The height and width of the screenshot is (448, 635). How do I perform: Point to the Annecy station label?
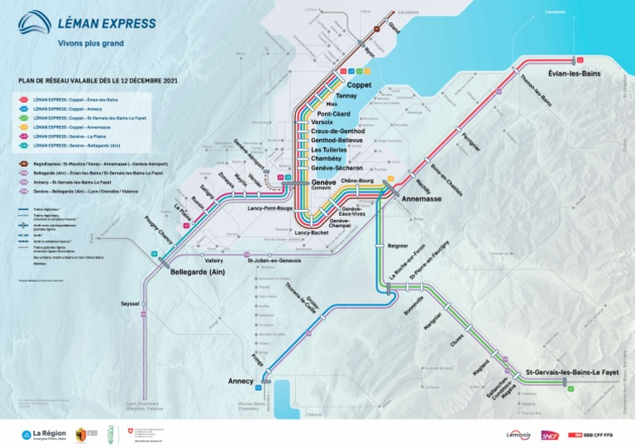coord(241,381)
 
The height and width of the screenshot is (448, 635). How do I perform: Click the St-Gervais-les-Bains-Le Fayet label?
coord(573,374)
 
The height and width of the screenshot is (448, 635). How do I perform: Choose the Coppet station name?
coord(359,85)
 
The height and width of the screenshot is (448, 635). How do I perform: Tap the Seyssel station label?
coord(130,303)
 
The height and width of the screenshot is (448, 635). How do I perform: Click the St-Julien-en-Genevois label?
coord(275,261)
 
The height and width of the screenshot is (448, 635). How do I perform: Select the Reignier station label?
coord(399,245)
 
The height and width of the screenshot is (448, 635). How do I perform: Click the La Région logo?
coord(45,434)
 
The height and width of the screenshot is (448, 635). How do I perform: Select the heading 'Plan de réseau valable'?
coord(98,81)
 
